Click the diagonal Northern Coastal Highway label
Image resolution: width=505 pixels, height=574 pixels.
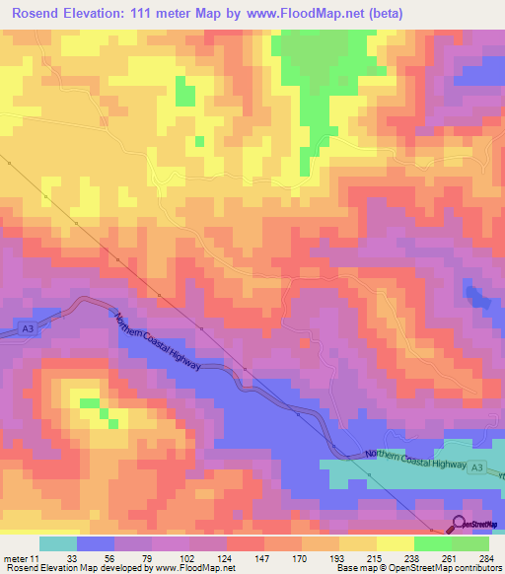click(158, 343)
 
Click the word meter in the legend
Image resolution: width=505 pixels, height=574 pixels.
click(16, 557)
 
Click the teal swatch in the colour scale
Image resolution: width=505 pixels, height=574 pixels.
click(57, 543)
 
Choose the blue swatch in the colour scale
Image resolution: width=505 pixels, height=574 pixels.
click(95, 543)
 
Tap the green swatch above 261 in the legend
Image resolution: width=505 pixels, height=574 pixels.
click(432, 543)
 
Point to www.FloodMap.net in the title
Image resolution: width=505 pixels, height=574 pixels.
click(296, 14)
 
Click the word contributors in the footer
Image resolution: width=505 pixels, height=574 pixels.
click(472, 568)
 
